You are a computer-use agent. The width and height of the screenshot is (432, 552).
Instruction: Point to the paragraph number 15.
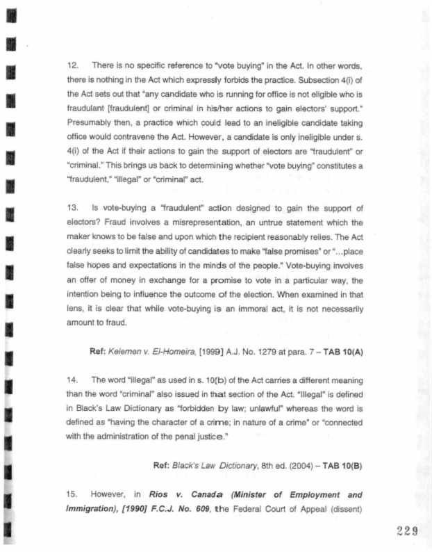pyautogui.click(x=72, y=495)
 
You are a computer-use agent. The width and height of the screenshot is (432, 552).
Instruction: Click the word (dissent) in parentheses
pyautogui.click(x=343, y=511)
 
